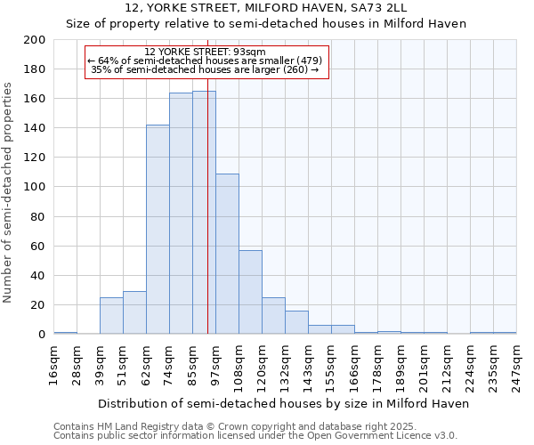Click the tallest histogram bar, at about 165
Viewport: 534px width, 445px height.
(204, 213)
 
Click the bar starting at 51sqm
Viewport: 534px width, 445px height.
(134, 312)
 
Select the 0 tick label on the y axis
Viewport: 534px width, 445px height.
(42, 335)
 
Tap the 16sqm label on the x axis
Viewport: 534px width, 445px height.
(54, 362)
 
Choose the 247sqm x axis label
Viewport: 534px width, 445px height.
(517, 362)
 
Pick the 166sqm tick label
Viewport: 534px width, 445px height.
(355, 362)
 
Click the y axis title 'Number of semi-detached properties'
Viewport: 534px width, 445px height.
(8, 192)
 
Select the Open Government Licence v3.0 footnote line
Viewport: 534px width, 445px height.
(255, 435)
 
